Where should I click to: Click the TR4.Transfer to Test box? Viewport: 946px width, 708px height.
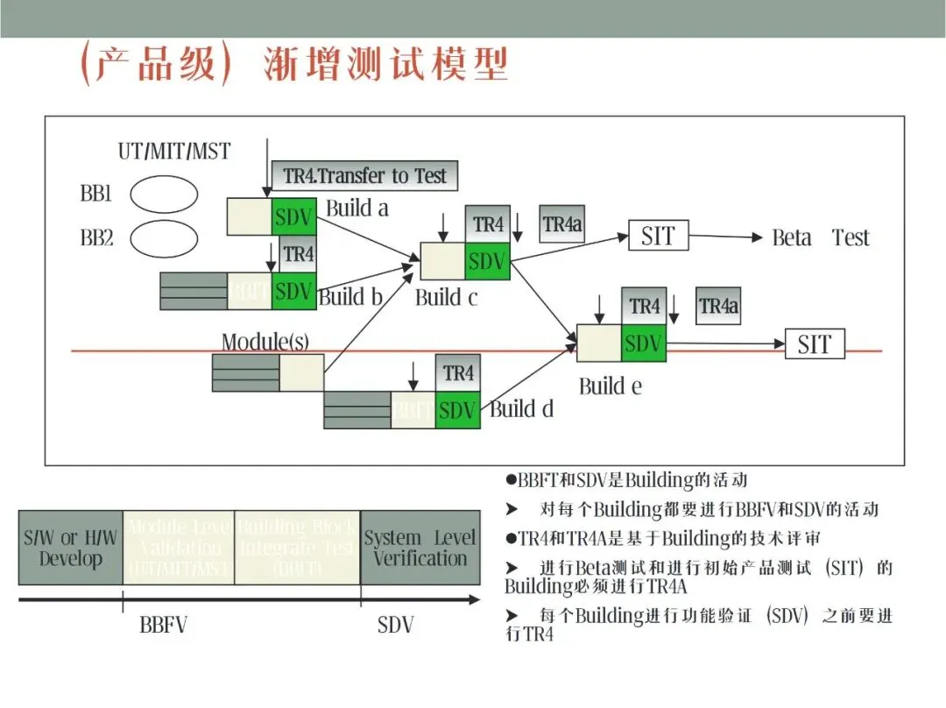point(364,175)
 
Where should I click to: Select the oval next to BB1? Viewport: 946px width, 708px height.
point(164,195)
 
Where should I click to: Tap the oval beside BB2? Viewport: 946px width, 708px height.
point(164,238)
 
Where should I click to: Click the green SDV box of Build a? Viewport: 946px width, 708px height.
point(293,216)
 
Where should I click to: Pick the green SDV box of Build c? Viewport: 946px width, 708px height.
point(487,261)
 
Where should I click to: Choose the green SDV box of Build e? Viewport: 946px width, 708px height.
point(644,343)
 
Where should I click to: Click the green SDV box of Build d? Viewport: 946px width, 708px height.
point(458,410)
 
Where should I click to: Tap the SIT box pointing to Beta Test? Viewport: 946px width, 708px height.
point(658,236)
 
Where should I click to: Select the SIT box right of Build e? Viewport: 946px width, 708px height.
point(814,344)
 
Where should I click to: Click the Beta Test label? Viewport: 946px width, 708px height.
point(820,237)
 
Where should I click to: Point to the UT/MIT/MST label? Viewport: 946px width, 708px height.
point(174,152)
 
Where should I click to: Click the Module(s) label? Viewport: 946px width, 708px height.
point(265,342)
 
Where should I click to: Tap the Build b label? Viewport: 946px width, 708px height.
point(350,297)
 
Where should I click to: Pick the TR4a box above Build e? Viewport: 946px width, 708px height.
point(718,307)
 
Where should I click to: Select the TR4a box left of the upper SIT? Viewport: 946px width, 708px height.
point(562,224)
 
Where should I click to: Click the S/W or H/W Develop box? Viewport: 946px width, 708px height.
point(70,548)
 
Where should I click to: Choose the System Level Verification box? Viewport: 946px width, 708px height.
point(420,548)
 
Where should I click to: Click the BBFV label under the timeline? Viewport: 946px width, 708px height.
point(164,626)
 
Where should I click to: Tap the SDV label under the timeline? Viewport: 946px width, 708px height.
point(396,626)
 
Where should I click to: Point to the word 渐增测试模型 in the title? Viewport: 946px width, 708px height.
point(386,65)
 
